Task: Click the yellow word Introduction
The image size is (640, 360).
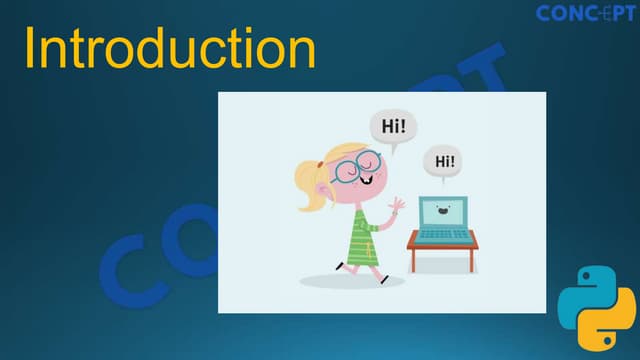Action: click(x=170, y=49)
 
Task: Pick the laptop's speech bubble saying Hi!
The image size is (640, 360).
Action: click(x=443, y=161)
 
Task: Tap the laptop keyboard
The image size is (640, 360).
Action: click(x=443, y=234)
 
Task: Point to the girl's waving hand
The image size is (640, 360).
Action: click(x=396, y=208)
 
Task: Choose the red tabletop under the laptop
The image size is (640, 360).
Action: click(x=443, y=243)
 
